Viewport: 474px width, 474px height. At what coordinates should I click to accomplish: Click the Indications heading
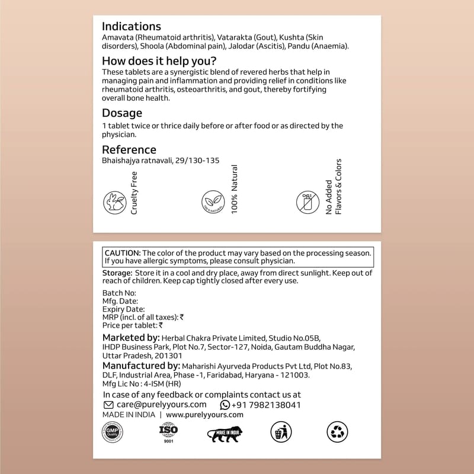point(131,27)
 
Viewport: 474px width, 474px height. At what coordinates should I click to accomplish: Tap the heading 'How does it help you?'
point(159,60)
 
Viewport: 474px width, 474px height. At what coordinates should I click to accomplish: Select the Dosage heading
point(122,113)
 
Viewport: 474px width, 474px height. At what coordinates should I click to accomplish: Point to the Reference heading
point(129,149)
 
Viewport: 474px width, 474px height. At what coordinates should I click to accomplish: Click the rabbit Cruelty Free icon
point(114,202)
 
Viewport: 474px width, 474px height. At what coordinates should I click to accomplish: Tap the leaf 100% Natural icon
point(212,201)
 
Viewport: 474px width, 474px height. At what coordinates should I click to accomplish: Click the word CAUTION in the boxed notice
point(122,252)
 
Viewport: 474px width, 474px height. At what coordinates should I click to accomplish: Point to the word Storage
point(117,273)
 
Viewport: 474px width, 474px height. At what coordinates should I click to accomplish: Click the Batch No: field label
point(119,293)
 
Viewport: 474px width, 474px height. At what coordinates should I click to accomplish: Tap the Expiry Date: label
point(123,309)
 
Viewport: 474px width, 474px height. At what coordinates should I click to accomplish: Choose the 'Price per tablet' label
point(130,325)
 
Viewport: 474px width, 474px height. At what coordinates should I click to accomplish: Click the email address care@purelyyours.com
point(153,405)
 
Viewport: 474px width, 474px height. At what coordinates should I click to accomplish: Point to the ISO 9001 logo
point(168,433)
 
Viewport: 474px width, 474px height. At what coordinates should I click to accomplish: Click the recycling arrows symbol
point(337,433)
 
